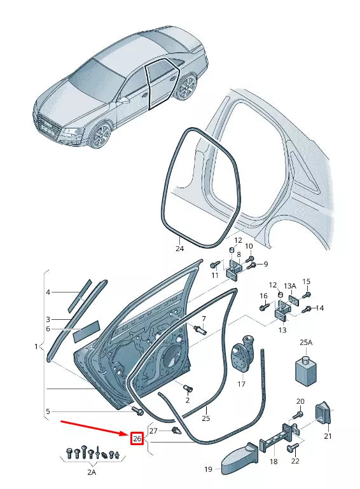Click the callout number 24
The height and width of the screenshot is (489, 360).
pyautogui.click(x=179, y=249)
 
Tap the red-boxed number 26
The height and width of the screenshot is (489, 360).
pyautogui.click(x=137, y=438)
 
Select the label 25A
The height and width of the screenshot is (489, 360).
pyautogui.click(x=306, y=342)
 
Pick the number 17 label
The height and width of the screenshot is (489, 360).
pyautogui.click(x=241, y=383)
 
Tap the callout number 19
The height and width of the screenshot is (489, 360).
pyautogui.click(x=207, y=469)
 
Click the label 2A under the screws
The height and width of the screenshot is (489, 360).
pyautogui.click(x=92, y=472)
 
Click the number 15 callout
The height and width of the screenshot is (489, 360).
pyautogui.click(x=306, y=282)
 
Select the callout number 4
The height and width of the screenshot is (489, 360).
pyautogui.click(x=47, y=292)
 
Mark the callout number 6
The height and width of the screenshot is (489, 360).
pyautogui.click(x=47, y=328)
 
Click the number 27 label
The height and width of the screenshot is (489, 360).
pyautogui.click(x=153, y=430)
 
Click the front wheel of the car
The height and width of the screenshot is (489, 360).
pyautogui.click(x=100, y=135)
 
